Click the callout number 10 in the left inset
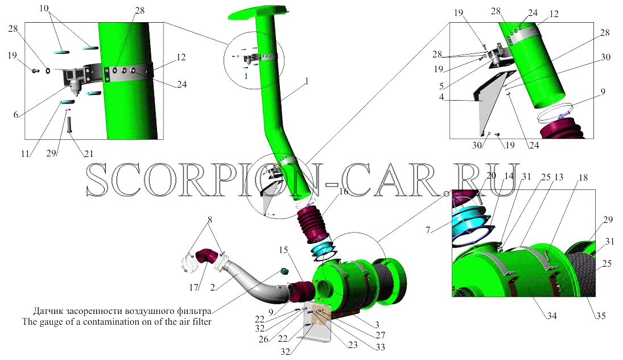pos(44,9)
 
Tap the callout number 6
pos(15,115)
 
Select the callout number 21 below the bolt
pos(88,154)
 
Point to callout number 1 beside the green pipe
pos(306,81)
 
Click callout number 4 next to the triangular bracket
pos(442,97)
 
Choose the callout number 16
pos(344,191)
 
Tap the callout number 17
pos(193,287)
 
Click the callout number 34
pos(552,316)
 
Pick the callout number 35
pos(601,316)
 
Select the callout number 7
pos(427,230)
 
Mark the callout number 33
pos(380,347)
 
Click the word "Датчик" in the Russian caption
pos(47,311)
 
